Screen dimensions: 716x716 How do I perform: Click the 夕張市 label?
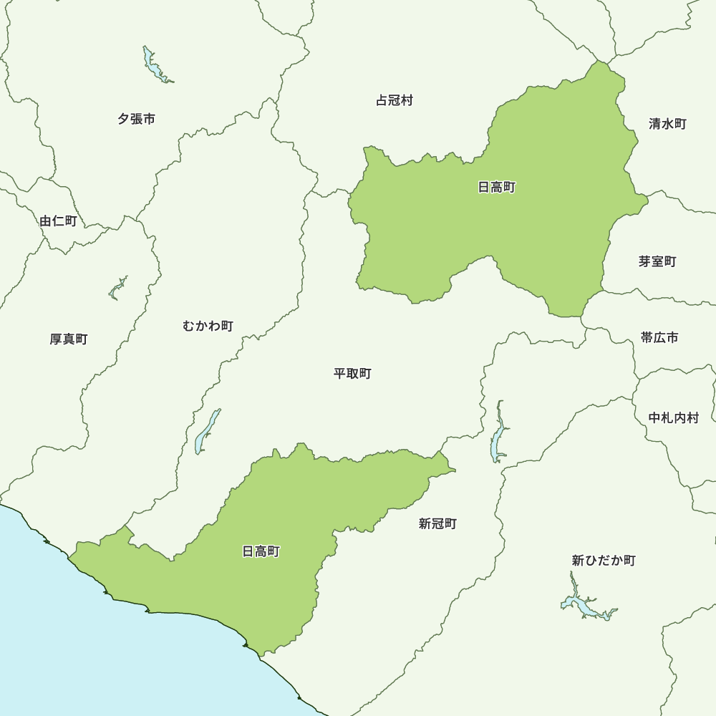tap(136, 119)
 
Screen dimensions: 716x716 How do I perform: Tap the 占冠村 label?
tap(395, 100)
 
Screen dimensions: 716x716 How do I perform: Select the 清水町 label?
tap(667, 124)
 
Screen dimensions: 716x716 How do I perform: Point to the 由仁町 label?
tap(58, 221)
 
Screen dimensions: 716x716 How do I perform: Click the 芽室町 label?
tap(657, 261)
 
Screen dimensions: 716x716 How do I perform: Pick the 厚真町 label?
tap(69, 339)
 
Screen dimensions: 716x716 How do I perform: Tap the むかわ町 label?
tap(208, 326)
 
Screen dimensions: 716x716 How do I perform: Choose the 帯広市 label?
tap(659, 337)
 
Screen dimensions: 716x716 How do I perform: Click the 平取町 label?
tap(352, 373)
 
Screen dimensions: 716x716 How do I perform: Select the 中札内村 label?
tap(673, 417)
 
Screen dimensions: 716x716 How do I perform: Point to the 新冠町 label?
tap(437, 523)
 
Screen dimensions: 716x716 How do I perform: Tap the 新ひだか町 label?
tap(604, 560)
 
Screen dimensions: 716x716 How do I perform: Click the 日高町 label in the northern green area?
tap(496, 187)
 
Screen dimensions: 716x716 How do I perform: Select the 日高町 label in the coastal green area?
tap(261, 551)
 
